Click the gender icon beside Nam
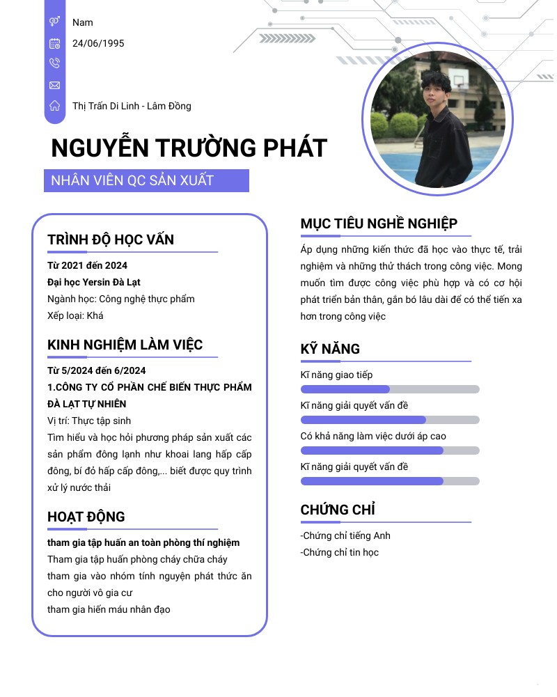[55, 22]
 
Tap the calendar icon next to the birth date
[55, 43]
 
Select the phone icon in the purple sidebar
[55, 63]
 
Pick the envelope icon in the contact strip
[55, 85]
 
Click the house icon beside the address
[55, 106]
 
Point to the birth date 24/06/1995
[98, 43]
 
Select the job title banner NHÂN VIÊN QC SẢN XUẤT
[146, 181]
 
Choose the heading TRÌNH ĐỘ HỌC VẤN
[111, 240]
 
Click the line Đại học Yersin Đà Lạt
[93, 282]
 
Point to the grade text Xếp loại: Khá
[75, 315]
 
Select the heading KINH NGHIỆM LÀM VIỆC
[125, 345]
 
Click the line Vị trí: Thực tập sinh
[89, 421]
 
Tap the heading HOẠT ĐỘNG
[86, 517]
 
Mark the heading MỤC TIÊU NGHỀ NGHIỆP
[379, 224]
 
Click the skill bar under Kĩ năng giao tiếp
[390, 389]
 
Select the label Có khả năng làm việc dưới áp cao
[373, 436]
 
